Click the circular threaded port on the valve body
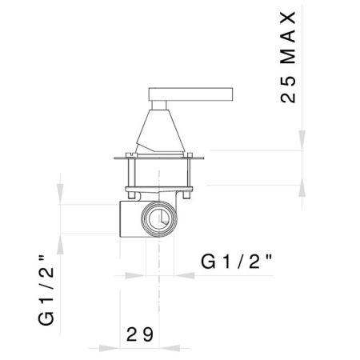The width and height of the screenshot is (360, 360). (158, 218)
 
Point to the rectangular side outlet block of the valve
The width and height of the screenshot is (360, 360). (128, 218)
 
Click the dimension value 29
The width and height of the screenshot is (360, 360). (139, 334)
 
